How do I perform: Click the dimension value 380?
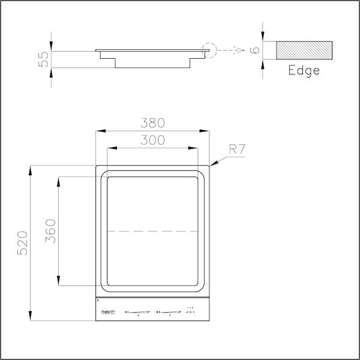pyautogui.click(x=152, y=123)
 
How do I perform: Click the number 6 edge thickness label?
pyautogui.click(x=256, y=50)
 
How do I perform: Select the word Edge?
pyautogui.click(x=304, y=70)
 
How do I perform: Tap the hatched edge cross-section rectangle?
pyautogui.click(x=304, y=50)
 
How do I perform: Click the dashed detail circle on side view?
pyautogui.click(x=211, y=50)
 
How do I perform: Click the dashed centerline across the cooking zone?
pyautogui.click(x=152, y=231)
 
